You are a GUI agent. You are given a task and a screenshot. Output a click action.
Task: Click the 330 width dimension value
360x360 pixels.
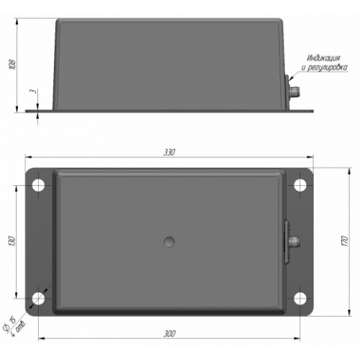pyautogui.click(x=169, y=152)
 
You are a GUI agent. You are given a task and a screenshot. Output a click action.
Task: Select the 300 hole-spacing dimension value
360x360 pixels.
pyautogui.click(x=169, y=333)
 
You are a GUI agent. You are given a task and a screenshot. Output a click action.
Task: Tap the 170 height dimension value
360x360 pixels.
pyautogui.click(x=344, y=241)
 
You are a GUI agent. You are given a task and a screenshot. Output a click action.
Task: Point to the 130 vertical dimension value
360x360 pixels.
pyautogui.click(x=12, y=241)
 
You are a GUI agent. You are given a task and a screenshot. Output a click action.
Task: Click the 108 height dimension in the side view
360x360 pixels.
pyautogui.click(x=12, y=64)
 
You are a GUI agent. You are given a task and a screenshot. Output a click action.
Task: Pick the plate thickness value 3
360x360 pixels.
pyautogui.click(x=34, y=91)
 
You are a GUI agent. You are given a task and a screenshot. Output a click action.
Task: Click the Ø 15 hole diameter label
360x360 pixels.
pyautogui.click(x=9, y=323)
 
